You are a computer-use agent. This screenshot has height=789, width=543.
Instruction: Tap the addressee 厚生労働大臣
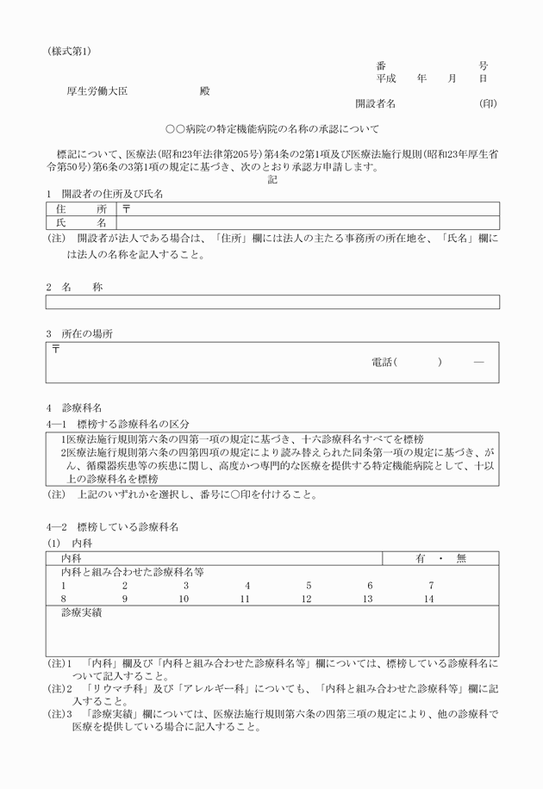click(97, 90)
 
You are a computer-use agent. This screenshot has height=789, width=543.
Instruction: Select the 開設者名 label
click(375, 103)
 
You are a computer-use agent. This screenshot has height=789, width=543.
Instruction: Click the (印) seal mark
click(488, 103)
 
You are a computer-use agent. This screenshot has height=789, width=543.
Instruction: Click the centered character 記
click(272, 180)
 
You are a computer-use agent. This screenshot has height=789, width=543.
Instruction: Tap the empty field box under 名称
click(272, 302)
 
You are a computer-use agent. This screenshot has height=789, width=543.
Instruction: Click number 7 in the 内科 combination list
click(431, 585)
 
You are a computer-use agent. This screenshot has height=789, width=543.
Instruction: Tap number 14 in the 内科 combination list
click(429, 598)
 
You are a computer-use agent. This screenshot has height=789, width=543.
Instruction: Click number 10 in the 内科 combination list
click(184, 598)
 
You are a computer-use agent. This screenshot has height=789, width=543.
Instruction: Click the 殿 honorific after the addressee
click(204, 90)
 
